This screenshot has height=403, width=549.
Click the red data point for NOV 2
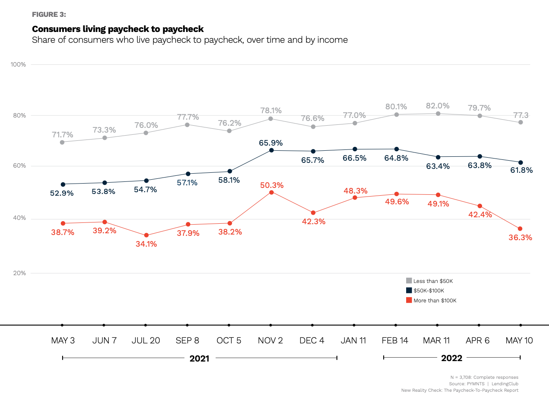[271, 192]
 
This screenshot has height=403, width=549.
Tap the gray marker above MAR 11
[438, 114]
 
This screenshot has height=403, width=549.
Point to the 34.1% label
[146, 244]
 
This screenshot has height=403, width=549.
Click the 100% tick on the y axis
[18, 65]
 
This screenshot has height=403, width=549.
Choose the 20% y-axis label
[19, 273]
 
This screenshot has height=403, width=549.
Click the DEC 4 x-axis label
[312, 340]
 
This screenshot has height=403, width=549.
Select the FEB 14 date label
[395, 340]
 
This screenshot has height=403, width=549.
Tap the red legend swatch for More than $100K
[409, 300]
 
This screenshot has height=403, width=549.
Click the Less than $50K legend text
[433, 281]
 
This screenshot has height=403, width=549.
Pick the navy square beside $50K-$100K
[409, 291]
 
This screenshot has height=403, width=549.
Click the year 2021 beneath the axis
[199, 359]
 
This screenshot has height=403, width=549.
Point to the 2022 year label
[451, 358]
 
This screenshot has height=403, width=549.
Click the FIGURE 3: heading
[49, 14]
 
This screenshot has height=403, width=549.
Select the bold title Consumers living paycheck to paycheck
[118, 29]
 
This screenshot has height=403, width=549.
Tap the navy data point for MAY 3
[63, 184]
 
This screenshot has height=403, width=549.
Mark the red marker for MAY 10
[520, 228]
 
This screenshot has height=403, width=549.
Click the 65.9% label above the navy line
[271, 142]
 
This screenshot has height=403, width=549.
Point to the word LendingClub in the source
[505, 384]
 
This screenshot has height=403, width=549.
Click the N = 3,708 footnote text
[484, 377]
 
